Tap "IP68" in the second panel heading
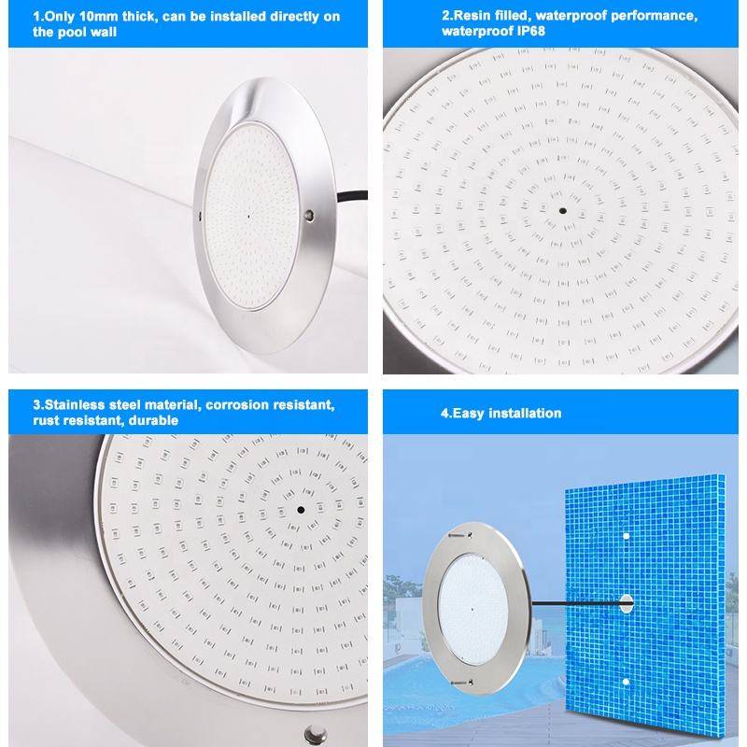point(531,32)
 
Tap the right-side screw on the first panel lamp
point(310,215)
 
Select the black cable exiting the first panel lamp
point(352,196)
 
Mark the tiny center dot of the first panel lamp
point(248,217)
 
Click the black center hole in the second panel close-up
point(563,211)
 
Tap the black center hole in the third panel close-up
point(301,510)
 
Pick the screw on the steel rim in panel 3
point(315,734)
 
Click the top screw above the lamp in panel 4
point(461,535)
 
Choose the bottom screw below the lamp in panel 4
point(461,683)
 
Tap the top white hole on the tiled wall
point(626,536)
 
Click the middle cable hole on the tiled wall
point(626,603)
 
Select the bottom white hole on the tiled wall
point(626,682)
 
